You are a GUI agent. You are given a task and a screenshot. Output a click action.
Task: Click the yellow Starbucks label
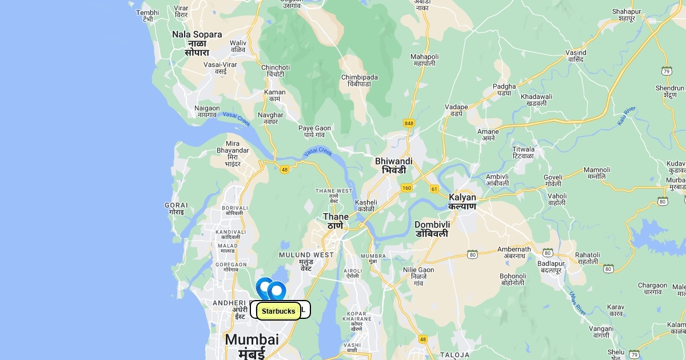point(278,311)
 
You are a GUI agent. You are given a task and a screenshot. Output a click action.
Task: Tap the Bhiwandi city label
point(394,166)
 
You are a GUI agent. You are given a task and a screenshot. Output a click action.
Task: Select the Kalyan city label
point(462,202)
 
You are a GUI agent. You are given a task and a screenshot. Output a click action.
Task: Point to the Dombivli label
point(432,229)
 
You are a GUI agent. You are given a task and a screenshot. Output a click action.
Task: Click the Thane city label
point(336,221)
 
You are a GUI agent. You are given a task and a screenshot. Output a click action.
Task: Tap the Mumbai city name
point(252,345)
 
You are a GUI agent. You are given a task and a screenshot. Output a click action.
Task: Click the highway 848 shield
point(409,123)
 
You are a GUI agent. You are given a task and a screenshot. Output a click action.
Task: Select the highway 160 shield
point(406,187)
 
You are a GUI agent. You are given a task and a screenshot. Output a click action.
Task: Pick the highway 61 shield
point(434,189)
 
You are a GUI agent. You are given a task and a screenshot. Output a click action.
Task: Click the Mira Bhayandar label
point(233,153)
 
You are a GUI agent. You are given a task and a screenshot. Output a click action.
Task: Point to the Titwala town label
point(523,153)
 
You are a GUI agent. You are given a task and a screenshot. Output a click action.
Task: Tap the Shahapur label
point(627,15)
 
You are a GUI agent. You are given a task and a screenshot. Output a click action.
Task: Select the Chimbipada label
point(359,81)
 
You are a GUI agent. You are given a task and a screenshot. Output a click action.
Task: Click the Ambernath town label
point(514,253)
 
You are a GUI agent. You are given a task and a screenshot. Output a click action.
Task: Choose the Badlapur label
point(551,267)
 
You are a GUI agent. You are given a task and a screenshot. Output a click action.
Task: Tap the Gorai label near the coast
point(176,209)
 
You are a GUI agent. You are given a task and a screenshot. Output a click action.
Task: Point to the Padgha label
point(504,90)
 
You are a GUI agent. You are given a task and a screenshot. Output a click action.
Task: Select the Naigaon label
point(207,111)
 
